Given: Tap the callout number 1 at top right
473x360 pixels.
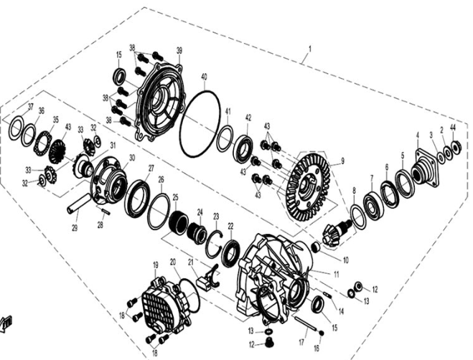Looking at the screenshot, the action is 310,48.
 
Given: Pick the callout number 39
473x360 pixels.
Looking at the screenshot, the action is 179,50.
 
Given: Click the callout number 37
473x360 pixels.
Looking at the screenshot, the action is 30,106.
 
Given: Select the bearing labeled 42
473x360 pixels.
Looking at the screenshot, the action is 244,148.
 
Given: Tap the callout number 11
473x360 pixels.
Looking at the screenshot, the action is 337,275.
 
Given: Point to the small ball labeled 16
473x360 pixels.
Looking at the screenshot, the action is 322,333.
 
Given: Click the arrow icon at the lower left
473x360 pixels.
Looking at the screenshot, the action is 6,324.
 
